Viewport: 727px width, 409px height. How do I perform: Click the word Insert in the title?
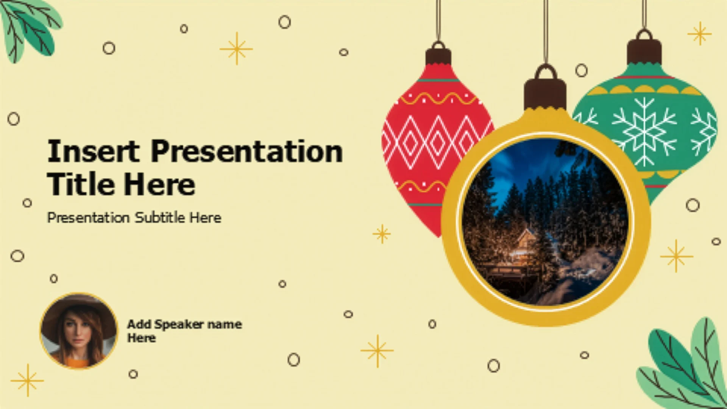pos(94,151)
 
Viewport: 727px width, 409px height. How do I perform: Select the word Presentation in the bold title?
pos(247,151)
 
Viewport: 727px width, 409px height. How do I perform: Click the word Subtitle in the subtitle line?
pos(160,217)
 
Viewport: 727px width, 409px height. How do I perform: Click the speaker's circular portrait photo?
pos(79,331)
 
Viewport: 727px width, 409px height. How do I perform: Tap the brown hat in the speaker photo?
pos(79,314)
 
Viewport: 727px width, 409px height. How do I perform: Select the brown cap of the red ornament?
pos(438,56)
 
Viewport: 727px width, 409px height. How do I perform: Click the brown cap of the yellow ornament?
pos(545,94)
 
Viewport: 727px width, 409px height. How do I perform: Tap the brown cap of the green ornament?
pos(644,52)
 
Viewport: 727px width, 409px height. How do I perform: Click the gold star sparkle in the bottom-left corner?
pos(27,380)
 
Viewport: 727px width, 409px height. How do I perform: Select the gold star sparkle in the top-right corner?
pos(700,34)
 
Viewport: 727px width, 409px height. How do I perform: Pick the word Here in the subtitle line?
pos(205,217)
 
